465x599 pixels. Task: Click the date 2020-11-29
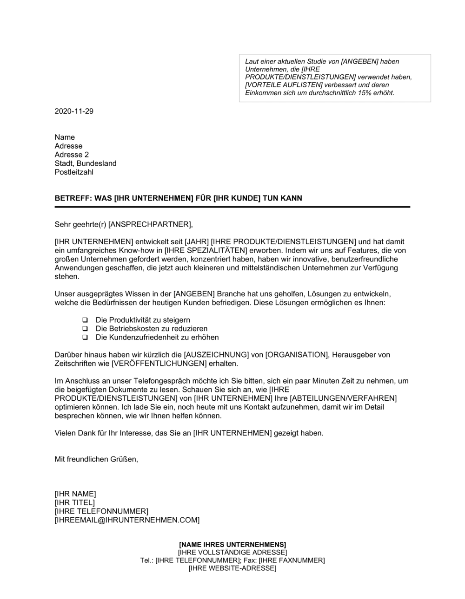click(74, 111)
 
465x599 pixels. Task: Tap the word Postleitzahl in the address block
click(74, 172)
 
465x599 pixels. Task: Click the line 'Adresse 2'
click(72, 155)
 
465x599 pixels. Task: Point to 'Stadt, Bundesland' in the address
click(86, 163)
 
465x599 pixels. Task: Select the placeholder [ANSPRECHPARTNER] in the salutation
click(150, 224)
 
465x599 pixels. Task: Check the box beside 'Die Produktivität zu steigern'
click(85, 320)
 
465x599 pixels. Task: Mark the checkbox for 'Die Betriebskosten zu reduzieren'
click(85, 329)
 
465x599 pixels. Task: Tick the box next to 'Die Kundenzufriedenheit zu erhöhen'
click(85, 338)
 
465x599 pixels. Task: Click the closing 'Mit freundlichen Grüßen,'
click(96, 459)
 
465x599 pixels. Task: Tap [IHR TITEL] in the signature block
click(74, 503)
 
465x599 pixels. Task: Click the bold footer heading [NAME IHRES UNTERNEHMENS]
click(232, 544)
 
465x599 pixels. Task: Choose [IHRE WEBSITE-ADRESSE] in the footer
click(232, 568)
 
